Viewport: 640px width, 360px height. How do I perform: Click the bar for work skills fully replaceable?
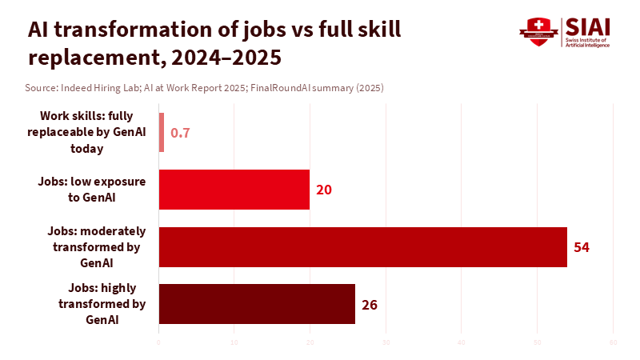pos(162,133)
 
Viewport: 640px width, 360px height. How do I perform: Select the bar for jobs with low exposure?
pos(234,190)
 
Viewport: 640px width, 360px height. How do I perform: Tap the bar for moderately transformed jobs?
pos(362,246)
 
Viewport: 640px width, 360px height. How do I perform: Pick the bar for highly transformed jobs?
pos(257,304)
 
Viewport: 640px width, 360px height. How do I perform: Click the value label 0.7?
pos(180,133)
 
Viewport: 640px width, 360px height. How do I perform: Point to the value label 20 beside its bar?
pos(323,190)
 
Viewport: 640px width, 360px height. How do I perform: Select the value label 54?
pos(582,246)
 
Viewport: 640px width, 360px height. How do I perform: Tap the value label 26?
pos(369,304)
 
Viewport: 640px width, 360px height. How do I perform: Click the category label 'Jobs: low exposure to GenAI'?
pos(92,190)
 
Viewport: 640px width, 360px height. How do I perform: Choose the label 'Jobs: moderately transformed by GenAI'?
pos(97,246)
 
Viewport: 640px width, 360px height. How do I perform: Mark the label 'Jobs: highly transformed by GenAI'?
pos(102,304)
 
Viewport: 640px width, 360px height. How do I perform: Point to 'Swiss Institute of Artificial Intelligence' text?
pos(587,42)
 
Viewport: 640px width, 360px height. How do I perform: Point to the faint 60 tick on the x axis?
pos(613,343)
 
